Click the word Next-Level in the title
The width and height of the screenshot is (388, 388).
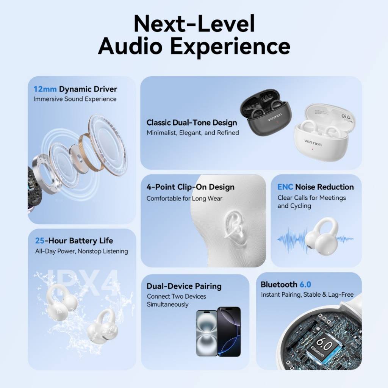point(194,23)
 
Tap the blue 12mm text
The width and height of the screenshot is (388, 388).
point(45,89)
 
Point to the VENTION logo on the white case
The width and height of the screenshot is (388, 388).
point(313,142)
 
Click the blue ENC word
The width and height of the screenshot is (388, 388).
point(285,187)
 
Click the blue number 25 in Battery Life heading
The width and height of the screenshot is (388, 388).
point(39,241)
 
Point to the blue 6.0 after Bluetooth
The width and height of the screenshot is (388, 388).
point(305,285)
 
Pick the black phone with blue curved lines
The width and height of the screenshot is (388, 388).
point(229,332)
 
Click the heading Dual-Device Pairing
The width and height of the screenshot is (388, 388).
point(184,286)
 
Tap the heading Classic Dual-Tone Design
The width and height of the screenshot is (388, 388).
point(192,122)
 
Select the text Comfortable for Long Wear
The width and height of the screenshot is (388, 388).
point(185,198)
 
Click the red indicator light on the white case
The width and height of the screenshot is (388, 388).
point(313,149)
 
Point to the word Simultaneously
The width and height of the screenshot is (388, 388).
point(167,304)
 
